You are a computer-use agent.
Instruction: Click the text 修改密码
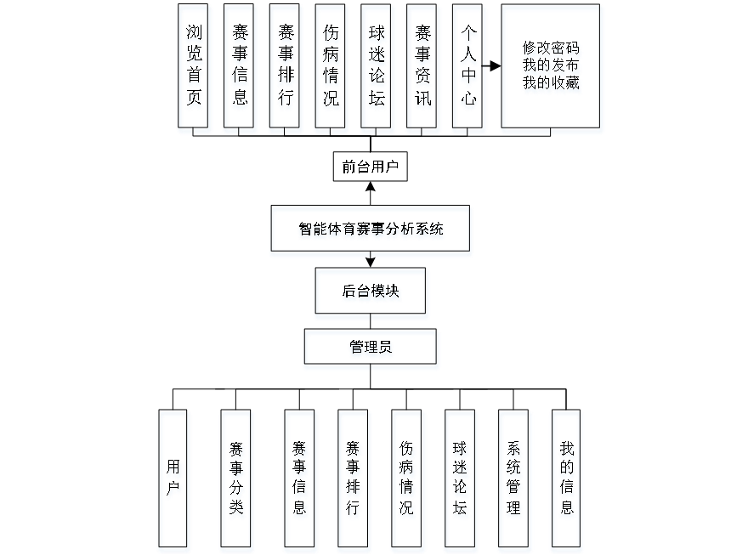[x=552, y=49]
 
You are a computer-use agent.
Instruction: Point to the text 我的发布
[x=552, y=66]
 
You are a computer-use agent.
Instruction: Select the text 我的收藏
[x=552, y=84]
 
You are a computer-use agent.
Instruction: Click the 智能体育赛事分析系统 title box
[x=371, y=230]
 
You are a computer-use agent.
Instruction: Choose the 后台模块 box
[x=371, y=293]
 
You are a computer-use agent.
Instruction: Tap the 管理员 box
[x=371, y=349]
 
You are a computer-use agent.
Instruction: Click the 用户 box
[x=173, y=479]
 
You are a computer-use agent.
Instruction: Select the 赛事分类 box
[x=236, y=479]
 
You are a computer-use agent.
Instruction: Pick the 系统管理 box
[x=514, y=479]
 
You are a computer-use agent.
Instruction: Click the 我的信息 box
[x=567, y=479]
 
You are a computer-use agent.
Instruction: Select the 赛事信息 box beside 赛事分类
[x=300, y=479]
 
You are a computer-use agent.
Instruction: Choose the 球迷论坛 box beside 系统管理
[x=461, y=479]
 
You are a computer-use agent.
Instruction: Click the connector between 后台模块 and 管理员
[x=371, y=324]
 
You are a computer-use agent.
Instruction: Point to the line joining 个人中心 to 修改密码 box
[x=494, y=66]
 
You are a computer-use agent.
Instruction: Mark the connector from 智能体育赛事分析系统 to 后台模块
[x=371, y=263]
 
